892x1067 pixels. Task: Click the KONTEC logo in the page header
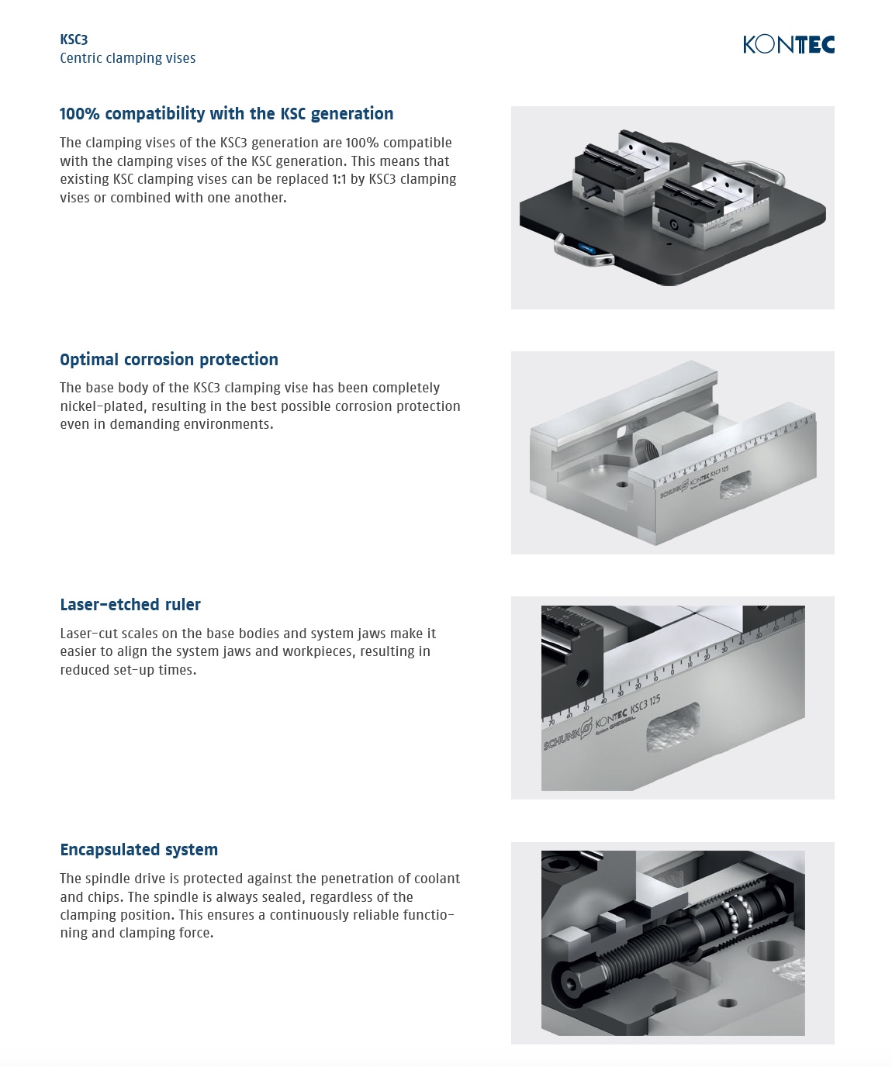[789, 44]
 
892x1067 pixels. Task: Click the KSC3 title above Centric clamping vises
[74, 40]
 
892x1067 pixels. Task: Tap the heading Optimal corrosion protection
[169, 359]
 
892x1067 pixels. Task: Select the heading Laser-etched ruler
[130, 605]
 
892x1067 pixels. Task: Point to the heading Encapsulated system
[139, 849]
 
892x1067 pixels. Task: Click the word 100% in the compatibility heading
[79, 113]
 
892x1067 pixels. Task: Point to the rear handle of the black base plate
[759, 171]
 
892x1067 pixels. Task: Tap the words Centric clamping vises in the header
[128, 58]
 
